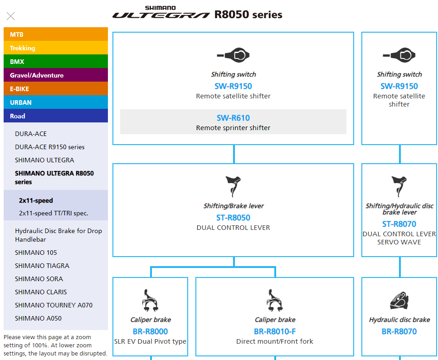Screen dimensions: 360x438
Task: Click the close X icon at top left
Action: point(11,16)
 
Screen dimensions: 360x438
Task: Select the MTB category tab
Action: point(56,34)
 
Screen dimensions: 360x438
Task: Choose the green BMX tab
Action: point(56,62)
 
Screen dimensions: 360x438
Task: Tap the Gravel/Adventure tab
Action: point(56,75)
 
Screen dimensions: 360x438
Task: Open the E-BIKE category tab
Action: point(56,89)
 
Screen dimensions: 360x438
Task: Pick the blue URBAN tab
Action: point(56,102)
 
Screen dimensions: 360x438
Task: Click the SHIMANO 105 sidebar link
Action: point(36,253)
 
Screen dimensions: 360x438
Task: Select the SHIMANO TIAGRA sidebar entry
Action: point(42,266)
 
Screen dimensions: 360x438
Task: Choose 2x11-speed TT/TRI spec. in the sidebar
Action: point(54,213)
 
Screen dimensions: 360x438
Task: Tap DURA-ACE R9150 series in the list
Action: point(49,147)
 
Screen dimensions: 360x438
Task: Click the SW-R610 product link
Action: point(233,118)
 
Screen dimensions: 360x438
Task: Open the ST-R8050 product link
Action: point(233,218)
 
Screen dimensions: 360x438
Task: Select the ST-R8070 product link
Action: point(399,224)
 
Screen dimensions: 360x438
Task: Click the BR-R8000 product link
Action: point(150,331)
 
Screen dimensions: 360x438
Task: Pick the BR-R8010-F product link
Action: point(275,331)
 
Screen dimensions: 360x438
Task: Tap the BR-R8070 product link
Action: point(399,331)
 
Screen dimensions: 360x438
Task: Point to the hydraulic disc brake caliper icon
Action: point(399,301)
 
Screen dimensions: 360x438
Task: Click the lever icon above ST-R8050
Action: point(233,186)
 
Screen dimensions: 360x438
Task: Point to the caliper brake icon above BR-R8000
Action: point(150,300)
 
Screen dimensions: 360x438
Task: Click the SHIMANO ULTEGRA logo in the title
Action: point(161,14)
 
